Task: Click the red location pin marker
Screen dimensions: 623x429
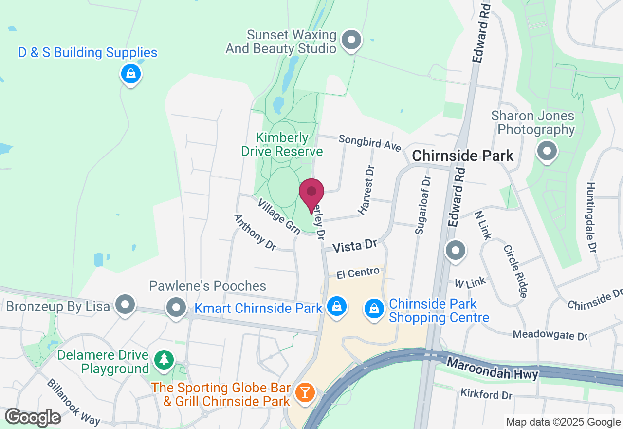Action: [311, 193]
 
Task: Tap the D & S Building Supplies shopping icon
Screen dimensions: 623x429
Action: [130, 74]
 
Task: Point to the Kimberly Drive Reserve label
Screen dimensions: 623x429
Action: [282, 144]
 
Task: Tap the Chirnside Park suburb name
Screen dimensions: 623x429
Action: [462, 156]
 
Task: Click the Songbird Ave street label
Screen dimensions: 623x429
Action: [370, 143]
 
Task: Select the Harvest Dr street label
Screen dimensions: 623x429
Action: [367, 191]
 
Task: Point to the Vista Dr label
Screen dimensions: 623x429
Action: [355, 245]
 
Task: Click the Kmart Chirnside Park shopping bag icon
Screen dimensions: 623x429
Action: [336, 307]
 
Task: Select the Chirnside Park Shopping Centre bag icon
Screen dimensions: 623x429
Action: [374, 309]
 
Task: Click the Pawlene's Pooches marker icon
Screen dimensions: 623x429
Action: [176, 308]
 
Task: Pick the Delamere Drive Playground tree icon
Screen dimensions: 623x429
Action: [164, 361]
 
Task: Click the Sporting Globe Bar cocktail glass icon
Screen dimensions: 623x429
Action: [305, 392]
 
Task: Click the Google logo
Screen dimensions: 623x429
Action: [33, 418]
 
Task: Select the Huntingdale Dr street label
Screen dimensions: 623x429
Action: [591, 217]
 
